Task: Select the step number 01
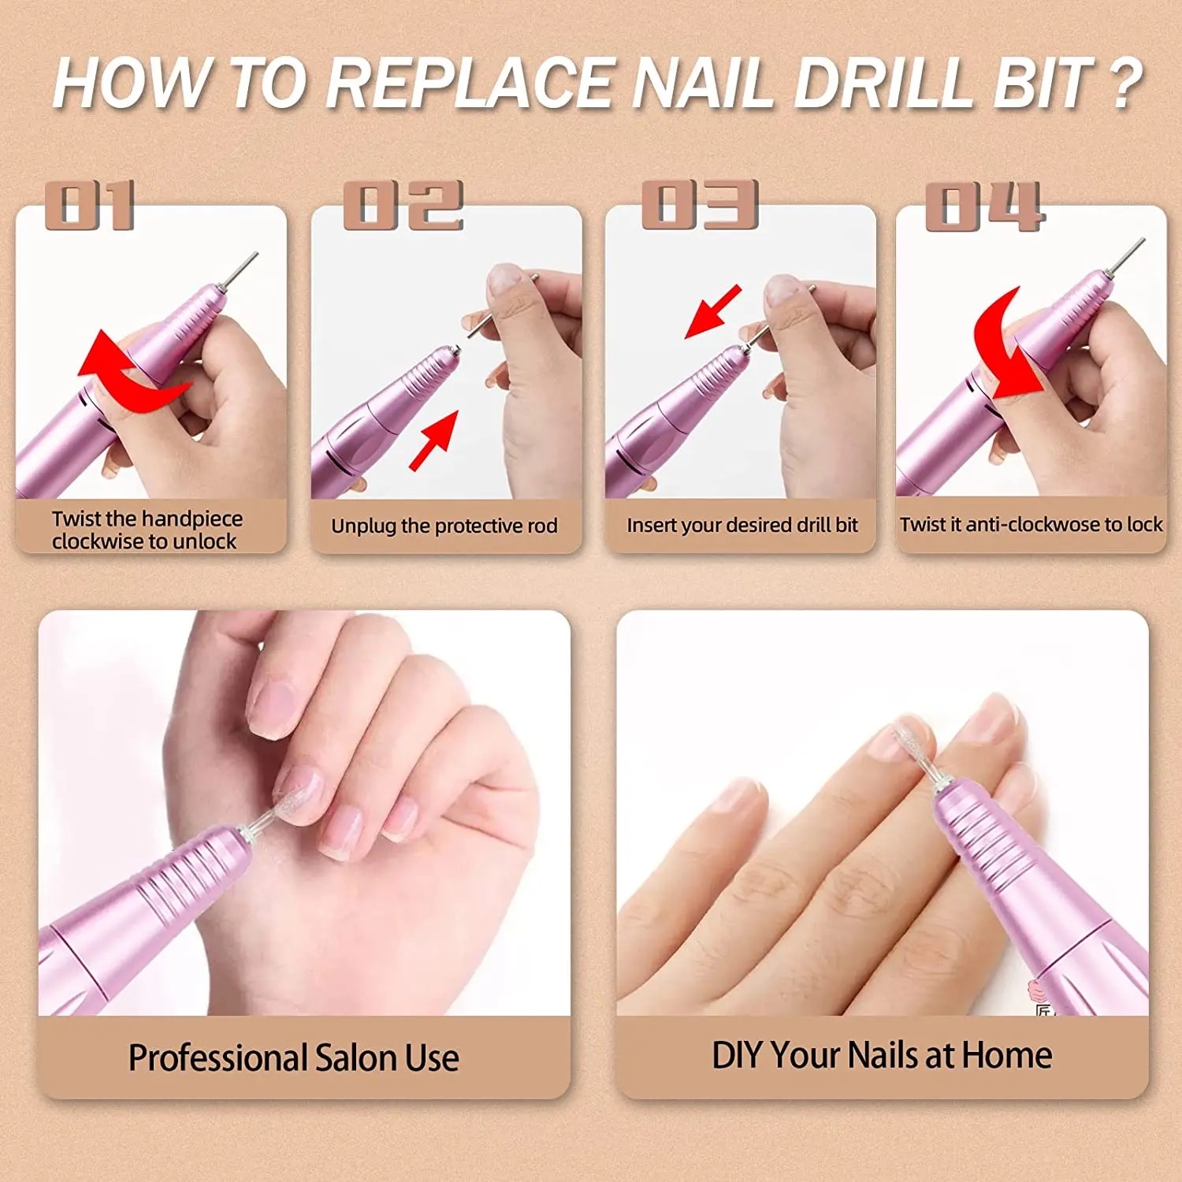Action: coord(91,205)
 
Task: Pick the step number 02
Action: coord(403,205)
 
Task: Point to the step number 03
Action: coord(700,205)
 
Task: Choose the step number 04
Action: coord(985,206)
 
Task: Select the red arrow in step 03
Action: coord(714,312)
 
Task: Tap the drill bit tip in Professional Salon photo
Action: coord(285,800)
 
